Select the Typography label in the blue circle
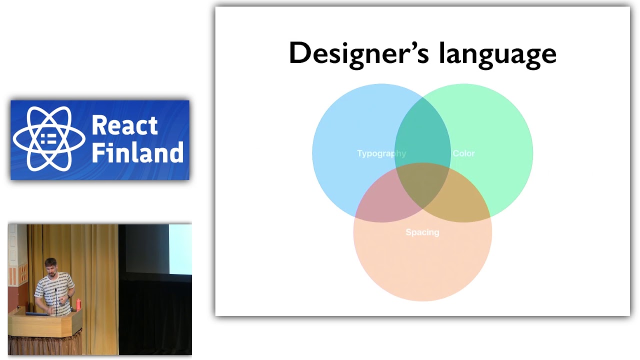381,153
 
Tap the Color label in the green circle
463,153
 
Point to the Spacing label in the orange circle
422,232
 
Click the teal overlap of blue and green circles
422,130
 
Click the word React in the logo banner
124,125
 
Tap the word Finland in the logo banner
137,153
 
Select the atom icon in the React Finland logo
49,139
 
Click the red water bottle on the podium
78,304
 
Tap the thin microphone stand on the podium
56,305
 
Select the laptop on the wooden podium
36,313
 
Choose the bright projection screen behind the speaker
180,249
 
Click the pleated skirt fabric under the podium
45,344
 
